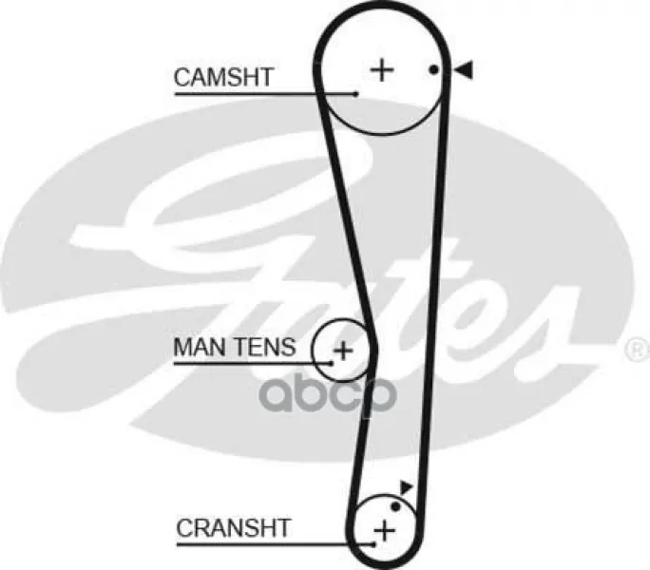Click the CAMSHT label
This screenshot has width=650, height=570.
(223, 77)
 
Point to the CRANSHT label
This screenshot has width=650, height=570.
(234, 527)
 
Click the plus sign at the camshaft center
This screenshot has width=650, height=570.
(382, 70)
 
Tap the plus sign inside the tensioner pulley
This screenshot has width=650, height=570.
(343, 351)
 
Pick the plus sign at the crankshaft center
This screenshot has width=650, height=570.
(385, 531)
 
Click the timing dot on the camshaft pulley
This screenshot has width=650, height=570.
(433, 69)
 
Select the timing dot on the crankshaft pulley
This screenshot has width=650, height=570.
(396, 506)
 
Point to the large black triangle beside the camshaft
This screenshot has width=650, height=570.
(464, 69)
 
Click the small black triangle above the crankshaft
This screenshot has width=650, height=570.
(406, 487)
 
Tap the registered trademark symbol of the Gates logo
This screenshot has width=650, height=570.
(639, 350)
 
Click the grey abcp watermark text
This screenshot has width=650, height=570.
(328, 394)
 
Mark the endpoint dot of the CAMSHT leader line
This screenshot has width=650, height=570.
(355, 94)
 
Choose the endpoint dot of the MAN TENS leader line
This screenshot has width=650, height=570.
(332, 364)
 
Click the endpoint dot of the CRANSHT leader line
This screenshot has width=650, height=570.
(373, 544)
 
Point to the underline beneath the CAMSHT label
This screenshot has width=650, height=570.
(265, 94)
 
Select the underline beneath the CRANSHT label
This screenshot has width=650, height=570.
(276, 544)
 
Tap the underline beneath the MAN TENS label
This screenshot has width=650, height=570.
(253, 364)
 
